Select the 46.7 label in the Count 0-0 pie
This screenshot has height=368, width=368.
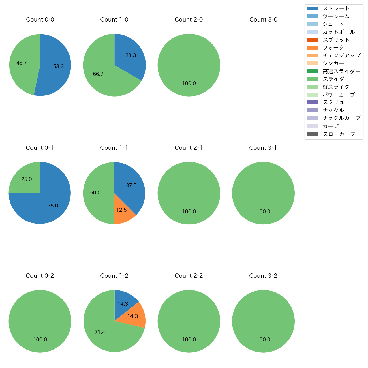[22, 63]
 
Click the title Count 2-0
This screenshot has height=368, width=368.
[189, 20]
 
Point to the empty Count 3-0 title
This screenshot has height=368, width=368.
[263, 20]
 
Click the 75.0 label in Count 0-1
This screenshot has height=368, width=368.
[53, 206]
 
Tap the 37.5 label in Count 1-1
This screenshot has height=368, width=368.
[131, 186]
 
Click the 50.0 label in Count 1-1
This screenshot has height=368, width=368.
[95, 193]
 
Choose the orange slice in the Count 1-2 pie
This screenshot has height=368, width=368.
[134, 316]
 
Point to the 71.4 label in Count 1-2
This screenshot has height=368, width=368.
[100, 332]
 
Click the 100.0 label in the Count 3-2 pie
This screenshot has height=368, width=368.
[263, 340]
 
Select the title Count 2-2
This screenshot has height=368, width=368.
[189, 276]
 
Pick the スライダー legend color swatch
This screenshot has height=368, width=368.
[312, 79]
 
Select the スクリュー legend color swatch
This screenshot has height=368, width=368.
[312, 102]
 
